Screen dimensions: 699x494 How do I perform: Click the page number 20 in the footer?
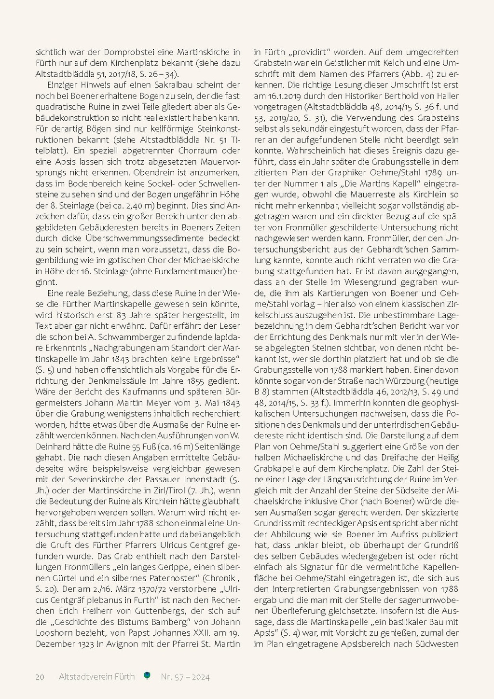[x=40, y=677]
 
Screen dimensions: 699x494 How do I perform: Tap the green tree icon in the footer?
[x=147, y=676]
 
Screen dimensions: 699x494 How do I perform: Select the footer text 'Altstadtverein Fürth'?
[x=96, y=677]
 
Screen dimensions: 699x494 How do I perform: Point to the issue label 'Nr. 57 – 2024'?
[x=185, y=677]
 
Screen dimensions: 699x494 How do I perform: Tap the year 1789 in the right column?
[x=436, y=173]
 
